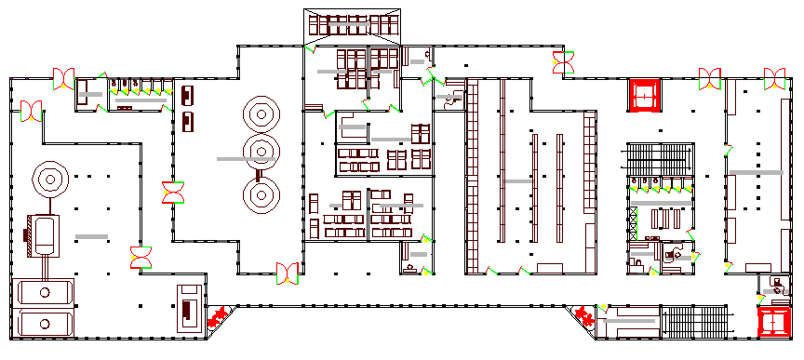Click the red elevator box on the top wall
[x=645, y=95]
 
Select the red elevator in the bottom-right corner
[x=774, y=322]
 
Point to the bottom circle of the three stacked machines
[x=261, y=194]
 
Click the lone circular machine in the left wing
[x=47, y=177]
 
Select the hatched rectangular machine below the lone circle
[x=43, y=235]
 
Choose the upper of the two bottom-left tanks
[x=46, y=292]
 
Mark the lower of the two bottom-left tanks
[x=46, y=326]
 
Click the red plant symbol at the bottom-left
[x=218, y=316]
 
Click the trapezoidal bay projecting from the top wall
[x=354, y=25]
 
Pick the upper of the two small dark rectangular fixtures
[x=188, y=95]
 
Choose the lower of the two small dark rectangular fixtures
[x=188, y=120]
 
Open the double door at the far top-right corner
[x=774, y=77]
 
